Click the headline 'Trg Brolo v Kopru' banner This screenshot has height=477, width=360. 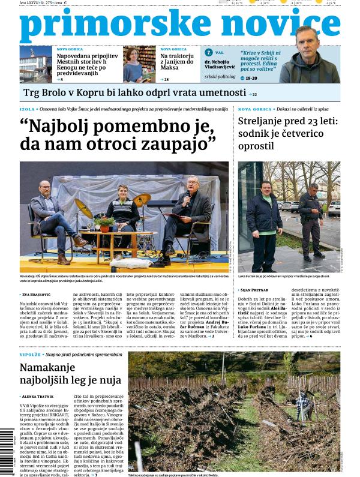tap(135, 93)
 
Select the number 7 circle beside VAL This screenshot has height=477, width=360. tap(209, 53)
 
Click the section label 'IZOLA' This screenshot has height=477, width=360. tap(27, 109)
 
